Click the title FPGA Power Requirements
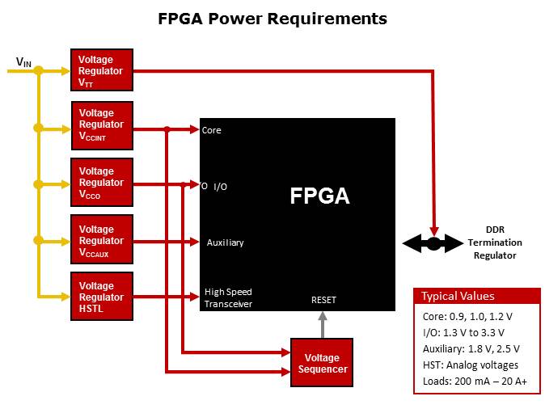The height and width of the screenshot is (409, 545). [272, 18]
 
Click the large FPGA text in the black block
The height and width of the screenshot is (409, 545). [319, 196]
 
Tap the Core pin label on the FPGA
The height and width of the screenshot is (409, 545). [212, 130]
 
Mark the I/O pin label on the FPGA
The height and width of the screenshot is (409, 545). [220, 187]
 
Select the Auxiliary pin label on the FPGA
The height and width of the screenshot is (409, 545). [225, 242]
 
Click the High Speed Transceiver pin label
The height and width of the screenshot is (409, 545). [228, 298]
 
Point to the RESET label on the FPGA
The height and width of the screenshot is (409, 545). [323, 300]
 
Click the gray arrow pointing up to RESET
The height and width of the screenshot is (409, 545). [322, 324]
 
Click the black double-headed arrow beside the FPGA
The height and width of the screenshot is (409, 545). [433, 242]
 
